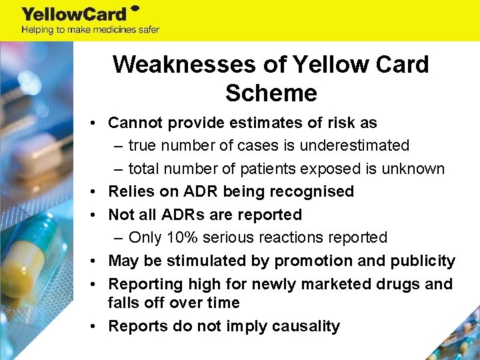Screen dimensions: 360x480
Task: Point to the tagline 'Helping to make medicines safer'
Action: click(x=90, y=29)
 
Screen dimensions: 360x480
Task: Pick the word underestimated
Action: click(x=353, y=145)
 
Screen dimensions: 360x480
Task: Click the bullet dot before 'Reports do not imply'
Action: click(x=97, y=327)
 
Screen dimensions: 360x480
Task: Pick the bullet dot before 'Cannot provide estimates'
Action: click(x=97, y=123)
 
